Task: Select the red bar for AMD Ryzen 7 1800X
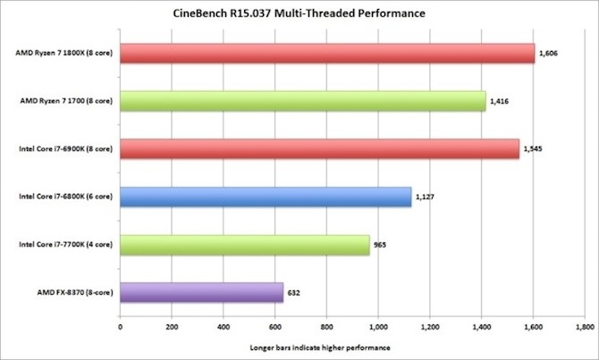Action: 327,53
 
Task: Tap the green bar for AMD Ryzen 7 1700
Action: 303,101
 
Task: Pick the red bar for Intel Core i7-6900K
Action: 319,148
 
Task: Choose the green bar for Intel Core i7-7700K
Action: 245,244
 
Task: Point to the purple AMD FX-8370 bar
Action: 202,291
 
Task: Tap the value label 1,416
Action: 500,101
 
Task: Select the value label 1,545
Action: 533,149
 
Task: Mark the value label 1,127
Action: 426,197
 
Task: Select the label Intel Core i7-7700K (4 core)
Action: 64,245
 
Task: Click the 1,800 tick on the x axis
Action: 586,327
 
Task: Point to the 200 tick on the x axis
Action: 172,327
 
